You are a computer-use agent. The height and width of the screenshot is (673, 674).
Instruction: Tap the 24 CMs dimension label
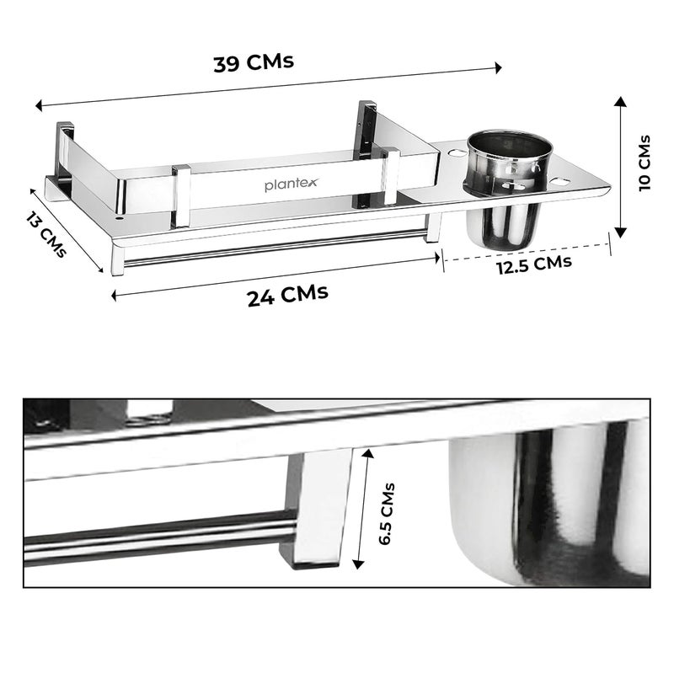click(287, 296)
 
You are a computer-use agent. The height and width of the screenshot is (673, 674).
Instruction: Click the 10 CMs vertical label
click(645, 163)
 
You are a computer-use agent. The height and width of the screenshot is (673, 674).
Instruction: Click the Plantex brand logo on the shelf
click(292, 184)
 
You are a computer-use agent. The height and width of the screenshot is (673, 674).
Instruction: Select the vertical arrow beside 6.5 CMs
click(363, 510)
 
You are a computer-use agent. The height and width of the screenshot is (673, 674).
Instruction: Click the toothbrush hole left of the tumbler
click(455, 154)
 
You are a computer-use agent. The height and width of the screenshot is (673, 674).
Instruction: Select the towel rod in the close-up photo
click(160, 536)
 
